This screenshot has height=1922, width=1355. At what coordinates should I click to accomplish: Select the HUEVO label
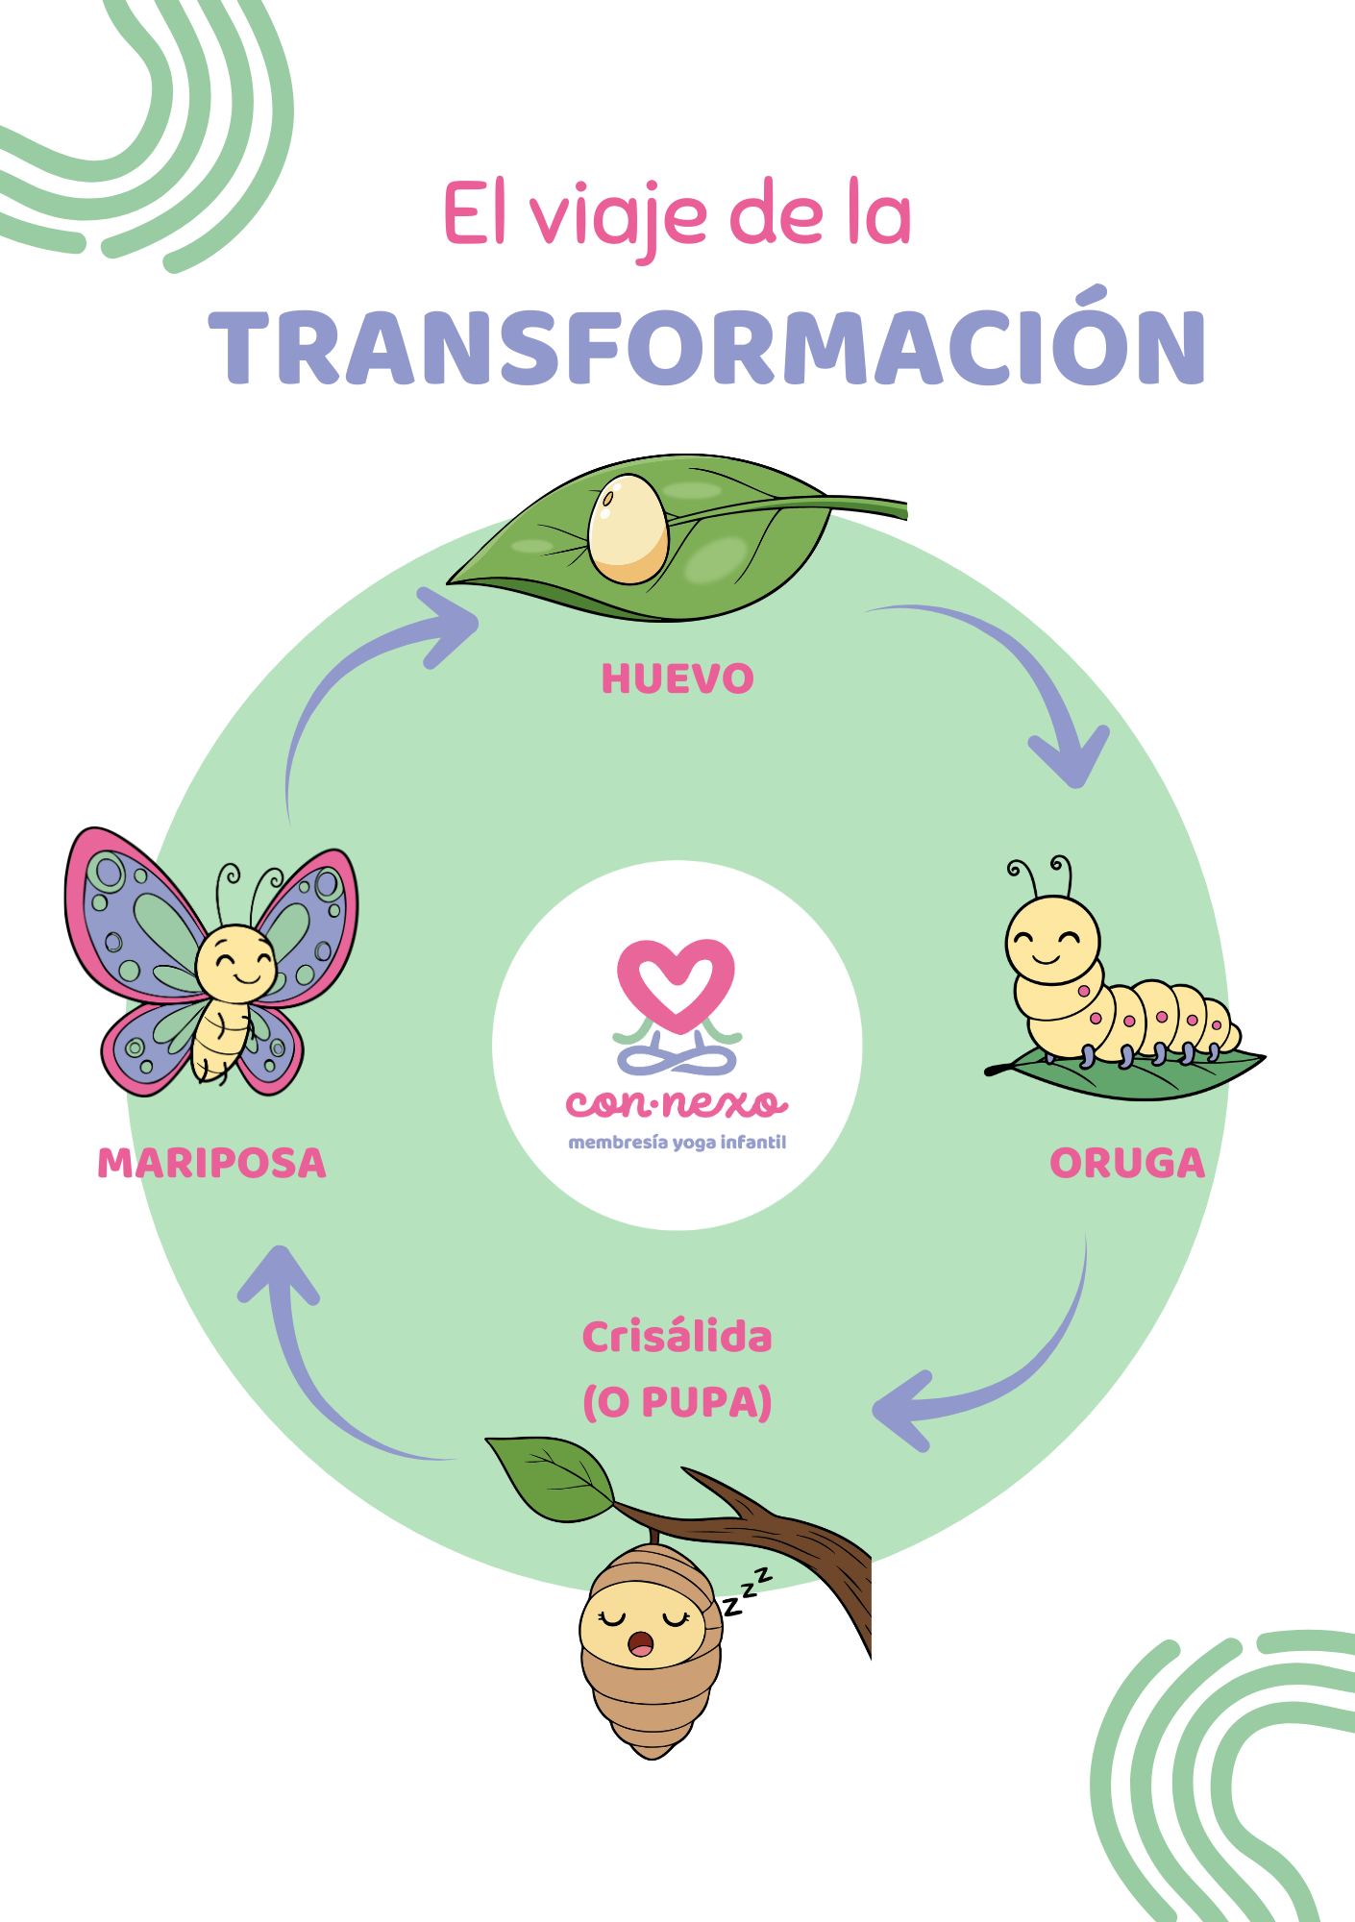pos(677,678)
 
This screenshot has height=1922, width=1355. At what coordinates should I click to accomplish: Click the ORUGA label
pos(1127,1163)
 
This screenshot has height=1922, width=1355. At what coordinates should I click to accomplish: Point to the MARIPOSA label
pos(212,1163)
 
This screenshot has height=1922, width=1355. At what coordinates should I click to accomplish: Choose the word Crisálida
pos(677,1337)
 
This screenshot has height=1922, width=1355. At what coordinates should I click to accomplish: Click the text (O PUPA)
pos(677,1402)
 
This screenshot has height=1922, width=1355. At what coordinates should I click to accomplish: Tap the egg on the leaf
pos(628,529)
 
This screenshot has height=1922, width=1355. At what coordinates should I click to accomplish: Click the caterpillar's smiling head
pos(1052,940)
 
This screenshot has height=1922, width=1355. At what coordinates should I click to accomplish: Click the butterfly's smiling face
pos(235,961)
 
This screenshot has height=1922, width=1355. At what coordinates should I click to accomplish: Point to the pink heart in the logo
pos(677,985)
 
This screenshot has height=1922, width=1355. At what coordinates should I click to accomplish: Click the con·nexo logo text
pos(677,1103)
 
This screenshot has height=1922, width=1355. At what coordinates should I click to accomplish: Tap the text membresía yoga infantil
pos(677,1143)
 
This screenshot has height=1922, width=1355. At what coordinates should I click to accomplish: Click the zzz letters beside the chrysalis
pos(748,1591)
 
